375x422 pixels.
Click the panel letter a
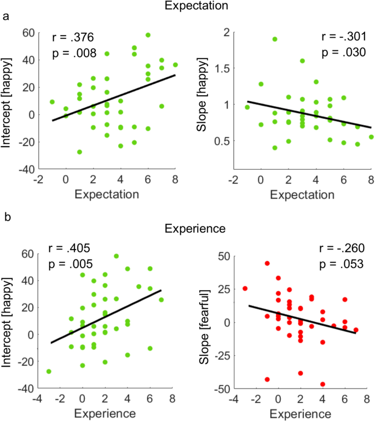(x=7, y=18)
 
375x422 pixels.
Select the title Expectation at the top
(x=187, y=6)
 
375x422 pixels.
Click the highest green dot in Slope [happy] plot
(x=274, y=39)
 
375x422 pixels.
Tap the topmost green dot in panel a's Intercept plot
(x=148, y=35)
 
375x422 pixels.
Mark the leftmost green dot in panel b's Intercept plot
(x=49, y=371)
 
